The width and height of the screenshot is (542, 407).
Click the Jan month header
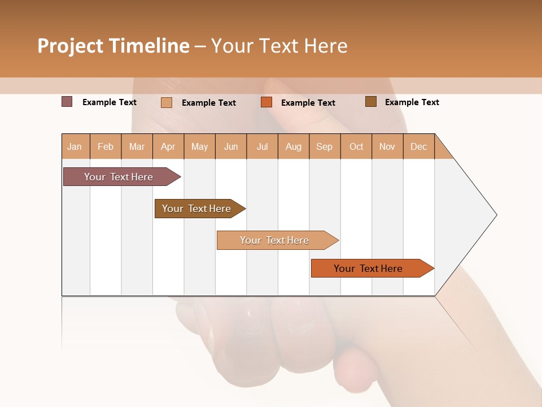[75, 146]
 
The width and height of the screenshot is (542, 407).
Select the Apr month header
[168, 146]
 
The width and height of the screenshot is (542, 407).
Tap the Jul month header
[262, 146]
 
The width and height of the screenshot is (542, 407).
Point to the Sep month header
[325, 146]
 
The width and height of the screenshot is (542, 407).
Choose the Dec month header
[418, 146]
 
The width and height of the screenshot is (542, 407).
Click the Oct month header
[356, 146]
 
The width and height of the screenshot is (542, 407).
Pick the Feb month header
[106, 146]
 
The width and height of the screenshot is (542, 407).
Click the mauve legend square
[67, 102]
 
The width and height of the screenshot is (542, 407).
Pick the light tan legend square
[167, 102]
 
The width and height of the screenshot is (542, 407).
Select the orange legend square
[266, 102]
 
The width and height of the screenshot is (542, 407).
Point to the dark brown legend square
[371, 102]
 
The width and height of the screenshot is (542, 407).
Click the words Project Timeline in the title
[113, 46]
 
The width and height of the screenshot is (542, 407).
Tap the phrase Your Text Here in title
[279, 46]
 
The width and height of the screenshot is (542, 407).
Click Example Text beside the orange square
[308, 103]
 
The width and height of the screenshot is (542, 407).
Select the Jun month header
[231, 146]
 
